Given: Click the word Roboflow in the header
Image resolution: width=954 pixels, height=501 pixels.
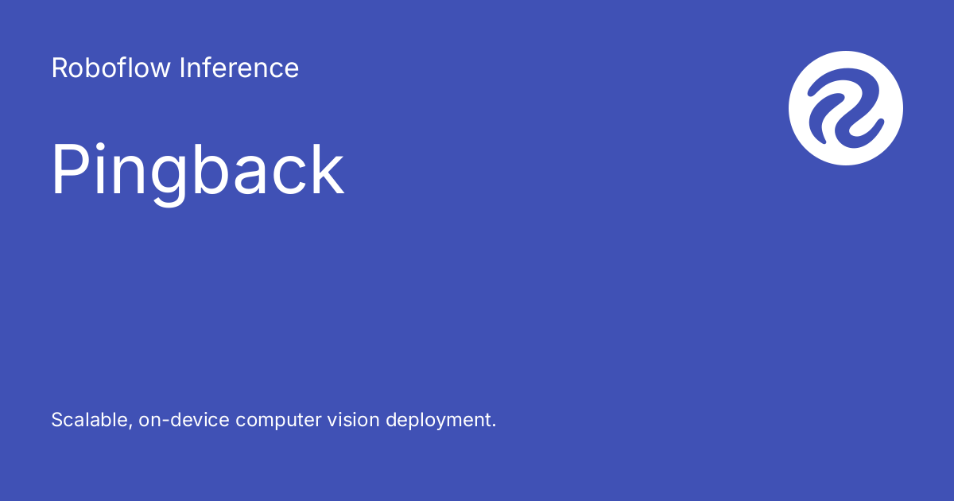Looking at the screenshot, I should [x=111, y=68].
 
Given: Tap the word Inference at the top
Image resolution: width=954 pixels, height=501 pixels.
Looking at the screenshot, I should [x=239, y=68].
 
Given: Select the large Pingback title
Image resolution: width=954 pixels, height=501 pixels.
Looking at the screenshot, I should [x=198, y=171].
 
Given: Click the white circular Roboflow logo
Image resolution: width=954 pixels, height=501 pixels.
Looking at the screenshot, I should [x=846, y=108].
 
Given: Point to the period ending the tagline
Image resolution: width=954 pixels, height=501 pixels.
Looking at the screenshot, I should [x=494, y=425].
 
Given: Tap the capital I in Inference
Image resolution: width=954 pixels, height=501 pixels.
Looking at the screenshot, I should [x=182, y=68].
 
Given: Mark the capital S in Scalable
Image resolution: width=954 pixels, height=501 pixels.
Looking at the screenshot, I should [x=57, y=420].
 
